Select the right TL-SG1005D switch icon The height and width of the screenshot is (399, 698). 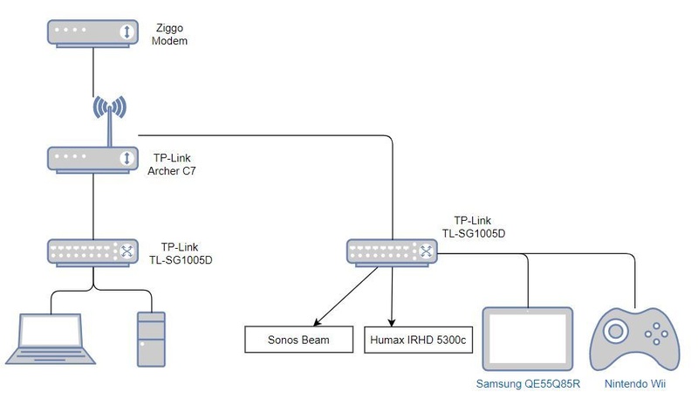391,251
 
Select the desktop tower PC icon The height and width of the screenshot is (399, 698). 149,339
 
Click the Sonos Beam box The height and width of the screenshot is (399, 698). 299,339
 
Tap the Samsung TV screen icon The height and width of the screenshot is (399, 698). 530,341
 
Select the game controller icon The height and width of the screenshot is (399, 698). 633,339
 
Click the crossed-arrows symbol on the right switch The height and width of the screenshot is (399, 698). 426,251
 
